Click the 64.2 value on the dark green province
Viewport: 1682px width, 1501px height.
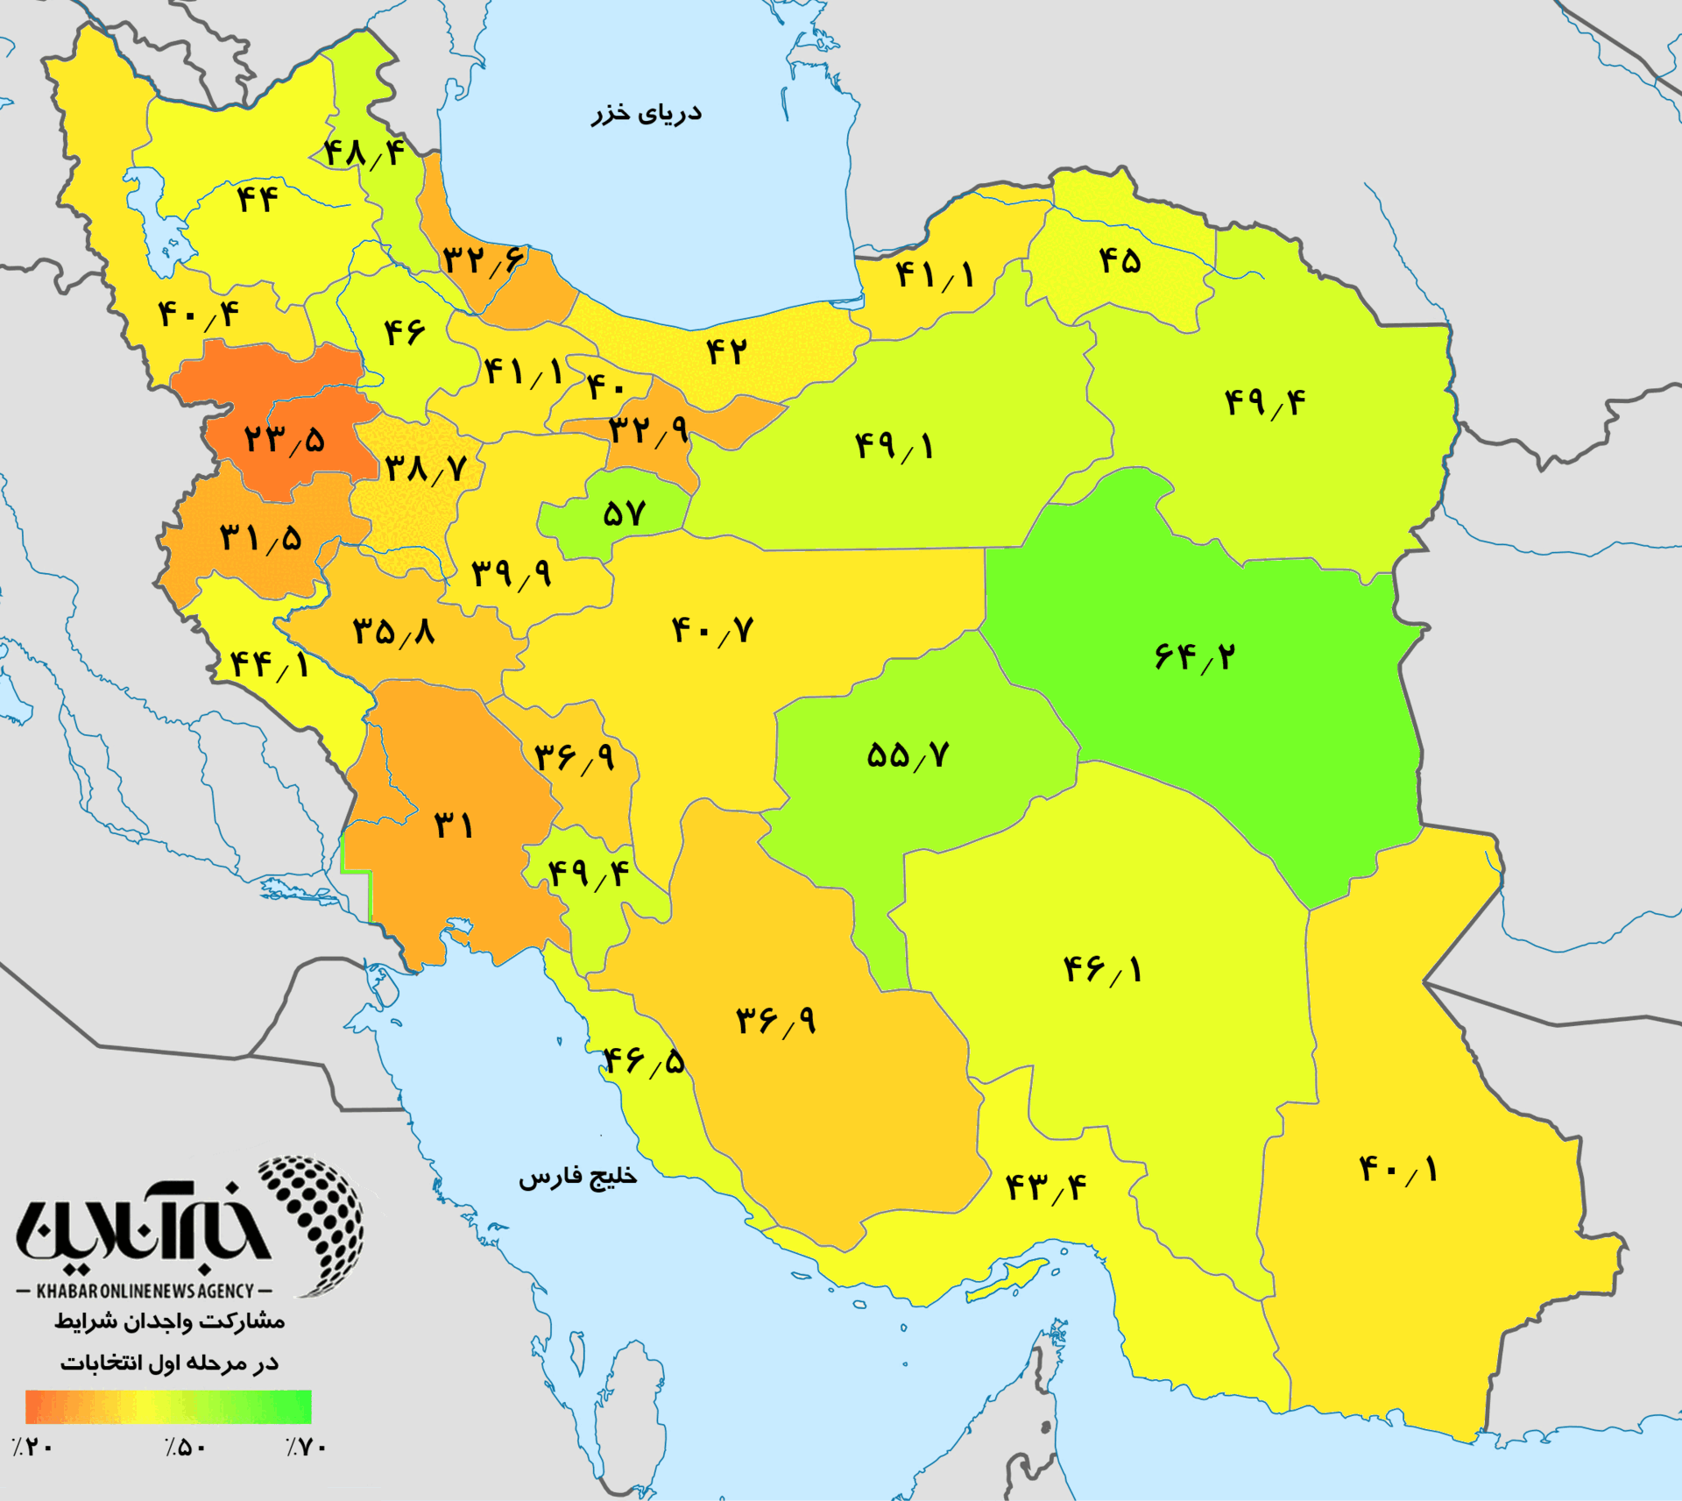point(1194,655)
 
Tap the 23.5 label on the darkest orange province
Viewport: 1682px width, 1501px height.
point(284,438)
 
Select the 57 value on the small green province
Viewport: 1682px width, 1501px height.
point(624,513)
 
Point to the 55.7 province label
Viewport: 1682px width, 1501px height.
point(908,755)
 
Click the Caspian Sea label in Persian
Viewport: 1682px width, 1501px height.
point(646,114)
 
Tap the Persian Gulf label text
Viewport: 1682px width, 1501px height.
point(577,1177)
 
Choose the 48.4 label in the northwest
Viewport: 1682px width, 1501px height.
point(364,154)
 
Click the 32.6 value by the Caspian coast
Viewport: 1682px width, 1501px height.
point(483,259)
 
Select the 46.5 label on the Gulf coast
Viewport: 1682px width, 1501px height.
point(644,1062)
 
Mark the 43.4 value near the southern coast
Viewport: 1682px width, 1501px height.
point(1045,1188)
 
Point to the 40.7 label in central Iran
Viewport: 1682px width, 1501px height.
point(712,630)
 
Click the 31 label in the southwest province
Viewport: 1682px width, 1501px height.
point(454,825)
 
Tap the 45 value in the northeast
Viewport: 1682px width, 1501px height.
point(1120,260)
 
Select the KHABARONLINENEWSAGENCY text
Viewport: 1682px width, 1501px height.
point(145,1291)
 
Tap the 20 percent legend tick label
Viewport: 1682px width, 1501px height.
point(33,1447)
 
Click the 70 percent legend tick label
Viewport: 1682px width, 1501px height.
point(306,1447)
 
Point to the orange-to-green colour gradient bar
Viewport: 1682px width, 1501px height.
point(168,1406)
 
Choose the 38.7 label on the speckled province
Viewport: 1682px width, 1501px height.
point(425,469)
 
